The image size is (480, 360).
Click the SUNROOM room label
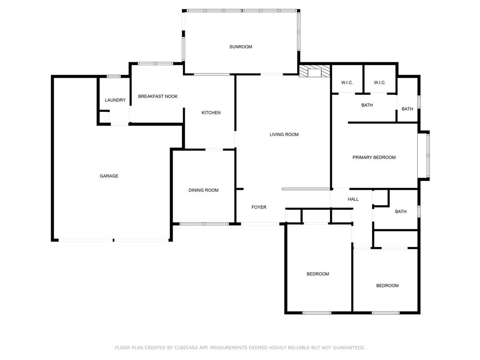240,47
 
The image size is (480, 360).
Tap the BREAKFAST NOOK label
158,97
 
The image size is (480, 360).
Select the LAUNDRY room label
115,100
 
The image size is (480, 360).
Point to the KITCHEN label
211,113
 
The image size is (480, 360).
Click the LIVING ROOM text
284,135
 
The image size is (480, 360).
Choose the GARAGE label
109,176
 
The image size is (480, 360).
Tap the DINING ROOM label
203,190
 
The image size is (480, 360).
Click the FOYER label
259,207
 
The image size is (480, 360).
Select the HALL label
353,199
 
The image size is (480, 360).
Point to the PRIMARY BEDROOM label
374,157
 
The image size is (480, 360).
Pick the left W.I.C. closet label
347,83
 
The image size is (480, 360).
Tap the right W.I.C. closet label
380,83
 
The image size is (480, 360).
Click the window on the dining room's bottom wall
204,224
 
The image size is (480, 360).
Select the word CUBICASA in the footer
188,348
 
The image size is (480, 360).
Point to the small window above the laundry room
113,76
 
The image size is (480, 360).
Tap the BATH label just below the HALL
401,212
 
